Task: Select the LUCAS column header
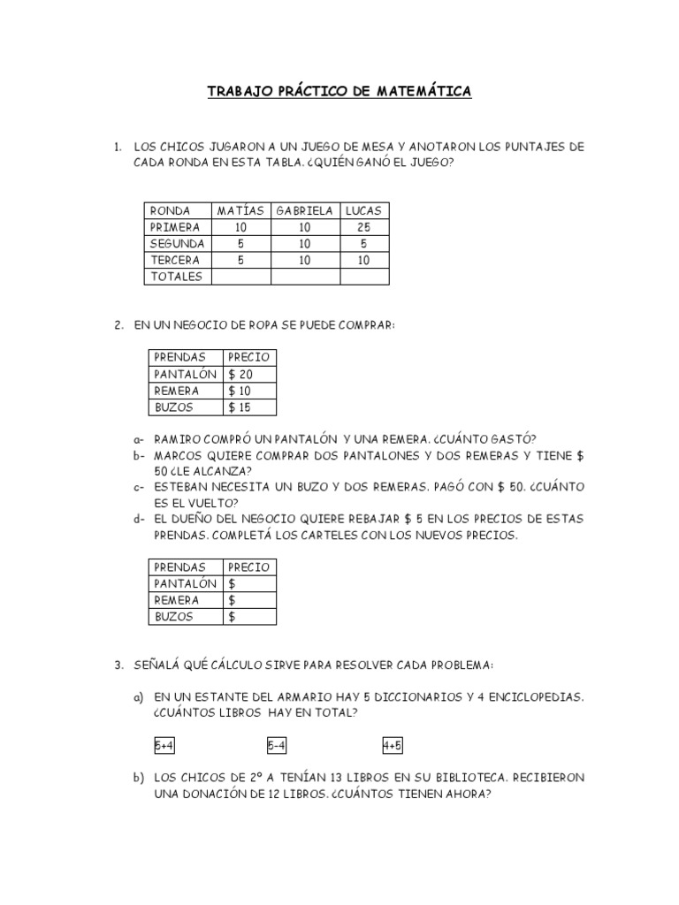(363, 210)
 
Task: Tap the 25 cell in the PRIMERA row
(363, 227)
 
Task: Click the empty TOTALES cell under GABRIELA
(305, 277)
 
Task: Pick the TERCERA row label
(175, 260)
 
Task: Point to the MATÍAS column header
(240, 210)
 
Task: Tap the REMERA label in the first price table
(177, 391)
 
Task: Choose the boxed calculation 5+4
(164, 746)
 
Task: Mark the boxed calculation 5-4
(278, 746)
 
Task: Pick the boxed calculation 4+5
(393, 746)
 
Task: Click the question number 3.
(118, 664)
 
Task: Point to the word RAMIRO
(179, 438)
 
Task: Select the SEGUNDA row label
(178, 243)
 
